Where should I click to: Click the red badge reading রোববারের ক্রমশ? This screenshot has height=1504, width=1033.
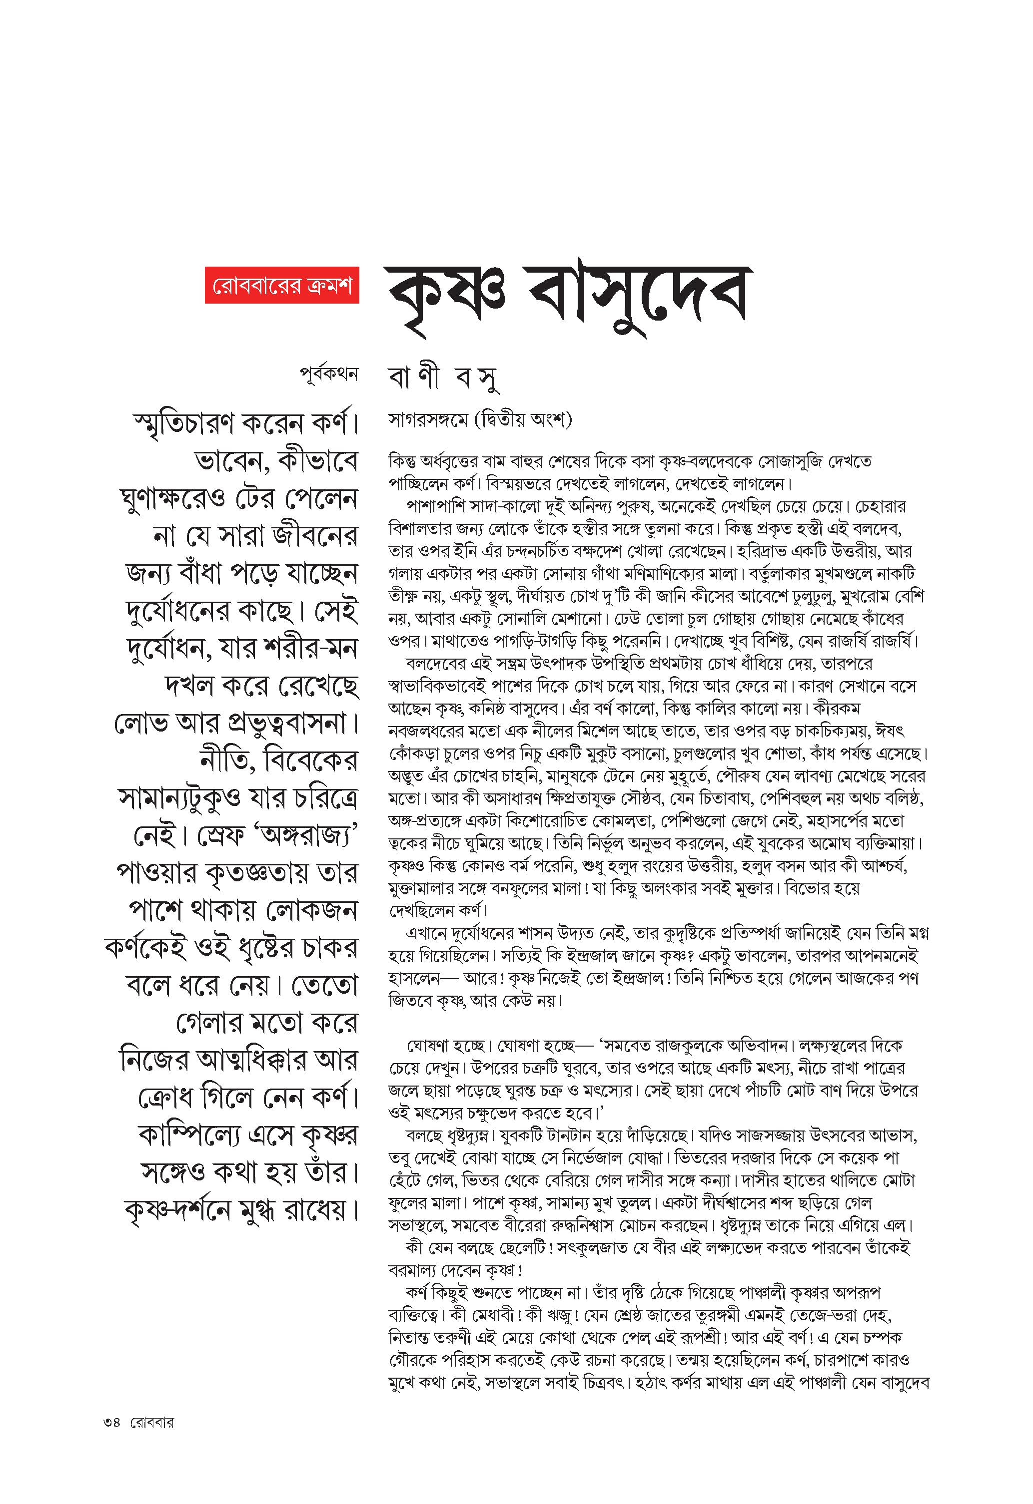click(282, 284)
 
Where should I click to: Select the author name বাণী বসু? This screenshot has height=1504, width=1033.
click(444, 378)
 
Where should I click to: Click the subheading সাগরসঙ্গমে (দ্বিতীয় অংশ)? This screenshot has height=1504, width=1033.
click(480, 420)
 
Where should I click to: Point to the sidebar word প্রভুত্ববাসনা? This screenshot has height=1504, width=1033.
click(295, 724)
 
